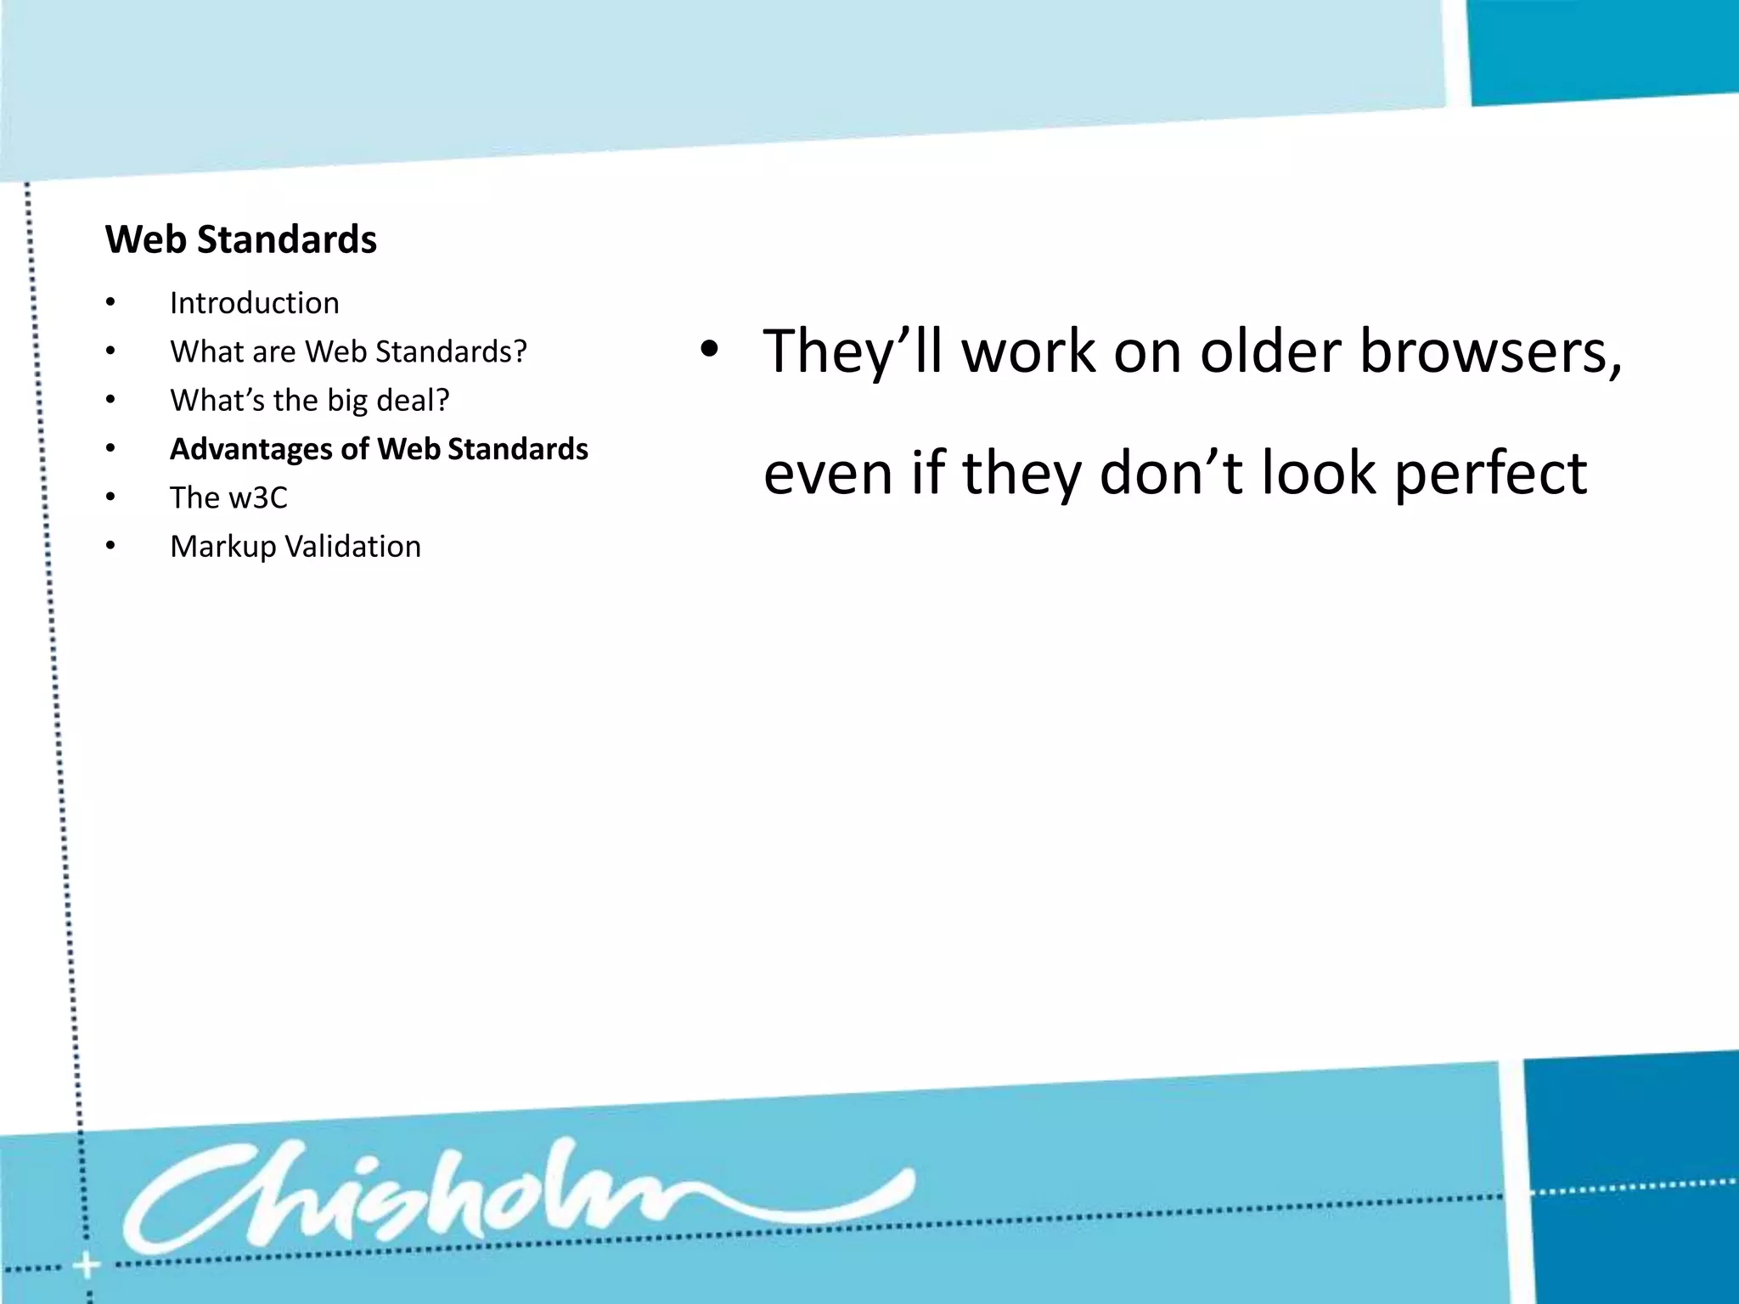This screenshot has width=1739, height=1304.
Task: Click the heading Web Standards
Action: (x=241, y=239)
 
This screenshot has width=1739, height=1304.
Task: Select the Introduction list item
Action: (x=254, y=303)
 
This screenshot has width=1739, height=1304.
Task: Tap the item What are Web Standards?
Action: (x=348, y=351)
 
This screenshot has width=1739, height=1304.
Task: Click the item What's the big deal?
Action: (x=309, y=400)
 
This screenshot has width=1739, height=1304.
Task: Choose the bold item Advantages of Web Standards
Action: (x=379, y=449)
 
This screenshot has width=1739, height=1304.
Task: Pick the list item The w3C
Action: (x=228, y=497)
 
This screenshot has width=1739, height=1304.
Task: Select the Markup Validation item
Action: (x=295, y=547)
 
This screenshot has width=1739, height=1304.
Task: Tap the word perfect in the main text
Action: (x=1490, y=474)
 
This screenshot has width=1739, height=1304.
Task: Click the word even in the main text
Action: (x=828, y=474)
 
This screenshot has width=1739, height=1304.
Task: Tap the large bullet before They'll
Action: (x=709, y=350)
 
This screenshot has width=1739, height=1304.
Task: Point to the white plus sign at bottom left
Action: (x=86, y=1267)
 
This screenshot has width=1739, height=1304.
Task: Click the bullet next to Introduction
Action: (x=110, y=303)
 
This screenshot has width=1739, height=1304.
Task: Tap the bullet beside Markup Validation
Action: (x=110, y=547)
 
